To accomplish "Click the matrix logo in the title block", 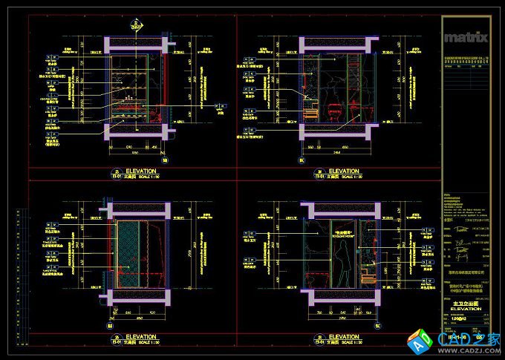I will coord(466,36).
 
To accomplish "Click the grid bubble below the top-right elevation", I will coord(302,160).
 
